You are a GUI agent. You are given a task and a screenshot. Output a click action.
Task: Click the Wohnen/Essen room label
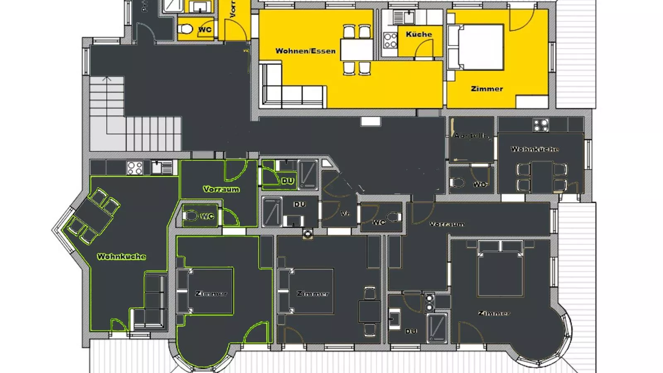coord(305,51)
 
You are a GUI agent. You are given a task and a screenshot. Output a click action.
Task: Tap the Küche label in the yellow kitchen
coord(419,34)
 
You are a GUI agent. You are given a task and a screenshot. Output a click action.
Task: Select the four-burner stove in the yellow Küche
coord(390,41)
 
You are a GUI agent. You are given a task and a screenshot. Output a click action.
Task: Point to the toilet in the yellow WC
coord(185,29)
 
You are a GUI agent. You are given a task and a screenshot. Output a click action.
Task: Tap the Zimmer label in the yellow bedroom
coord(487,89)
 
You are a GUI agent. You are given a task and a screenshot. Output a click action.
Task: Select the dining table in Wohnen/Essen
coord(357,49)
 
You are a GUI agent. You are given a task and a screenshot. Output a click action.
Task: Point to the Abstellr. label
coord(471,136)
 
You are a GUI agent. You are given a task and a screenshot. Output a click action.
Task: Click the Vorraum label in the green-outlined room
coord(221,189)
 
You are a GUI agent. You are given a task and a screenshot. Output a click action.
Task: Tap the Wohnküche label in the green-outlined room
coord(121,257)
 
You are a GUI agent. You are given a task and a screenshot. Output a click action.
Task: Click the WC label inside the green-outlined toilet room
coord(207,216)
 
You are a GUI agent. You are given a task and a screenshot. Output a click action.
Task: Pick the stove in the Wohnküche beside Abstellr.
coord(541,125)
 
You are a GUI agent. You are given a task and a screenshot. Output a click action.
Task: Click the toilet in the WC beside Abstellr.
coord(457,182)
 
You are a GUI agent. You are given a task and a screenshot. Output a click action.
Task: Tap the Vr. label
coord(345,213)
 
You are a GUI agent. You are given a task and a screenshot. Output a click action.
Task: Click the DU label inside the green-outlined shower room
coord(288,181)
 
